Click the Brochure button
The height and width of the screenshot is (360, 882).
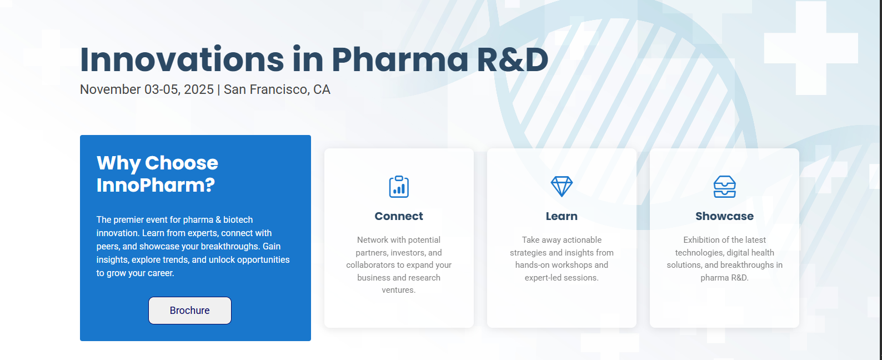tap(190, 311)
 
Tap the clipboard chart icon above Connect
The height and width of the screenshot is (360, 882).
tap(399, 186)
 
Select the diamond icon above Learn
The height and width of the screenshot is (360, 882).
tap(562, 186)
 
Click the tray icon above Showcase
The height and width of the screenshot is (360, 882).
tap(724, 186)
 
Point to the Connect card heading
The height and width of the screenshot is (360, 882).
tap(399, 216)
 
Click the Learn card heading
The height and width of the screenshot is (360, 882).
tap(562, 216)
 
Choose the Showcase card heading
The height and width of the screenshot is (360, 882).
tap(724, 216)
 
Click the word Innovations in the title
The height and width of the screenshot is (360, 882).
tap(182, 59)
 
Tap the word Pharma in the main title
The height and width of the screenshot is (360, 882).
tap(400, 59)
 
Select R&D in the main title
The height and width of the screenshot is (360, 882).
tap(513, 59)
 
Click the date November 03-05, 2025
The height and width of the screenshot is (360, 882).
tap(147, 89)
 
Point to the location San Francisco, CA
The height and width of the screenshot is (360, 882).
tap(277, 89)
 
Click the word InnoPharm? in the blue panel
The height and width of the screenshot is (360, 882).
tap(156, 185)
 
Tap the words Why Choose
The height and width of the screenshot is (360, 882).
tap(157, 163)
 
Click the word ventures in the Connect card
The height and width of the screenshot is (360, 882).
tap(398, 290)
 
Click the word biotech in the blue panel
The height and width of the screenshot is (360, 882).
tap(238, 219)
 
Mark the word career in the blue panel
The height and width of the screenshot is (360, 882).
tap(161, 273)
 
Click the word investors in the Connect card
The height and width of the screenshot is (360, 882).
tap(407, 252)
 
